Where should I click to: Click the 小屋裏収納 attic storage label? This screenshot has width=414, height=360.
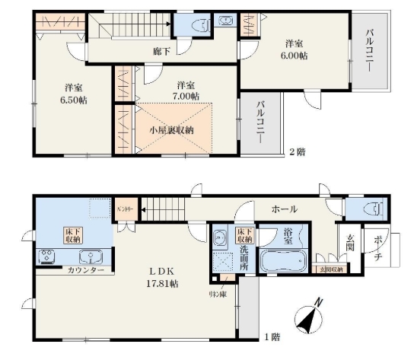point(170,129)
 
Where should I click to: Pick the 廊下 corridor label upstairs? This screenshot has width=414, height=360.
point(161,52)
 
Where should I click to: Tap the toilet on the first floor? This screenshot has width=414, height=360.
point(374,209)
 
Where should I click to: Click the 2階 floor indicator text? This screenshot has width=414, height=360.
point(297,152)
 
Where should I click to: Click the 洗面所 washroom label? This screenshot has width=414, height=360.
point(244,253)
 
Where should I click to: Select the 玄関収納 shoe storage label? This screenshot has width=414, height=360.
point(329,269)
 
